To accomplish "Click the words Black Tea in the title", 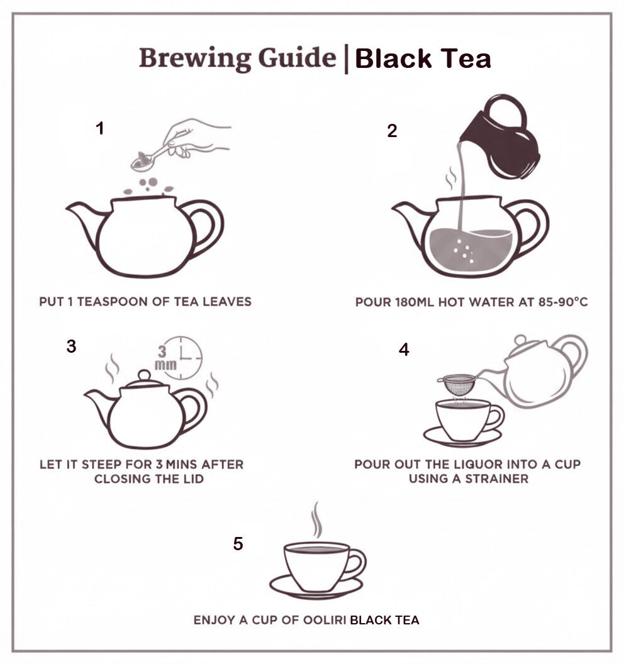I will tap(423, 59).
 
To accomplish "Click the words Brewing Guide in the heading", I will tap(237, 58).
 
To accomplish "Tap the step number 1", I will tap(99, 129).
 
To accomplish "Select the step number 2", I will tap(392, 131).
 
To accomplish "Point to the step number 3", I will tap(72, 346).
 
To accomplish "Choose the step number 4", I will tap(404, 350).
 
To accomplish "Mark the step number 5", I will tap(238, 544).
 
